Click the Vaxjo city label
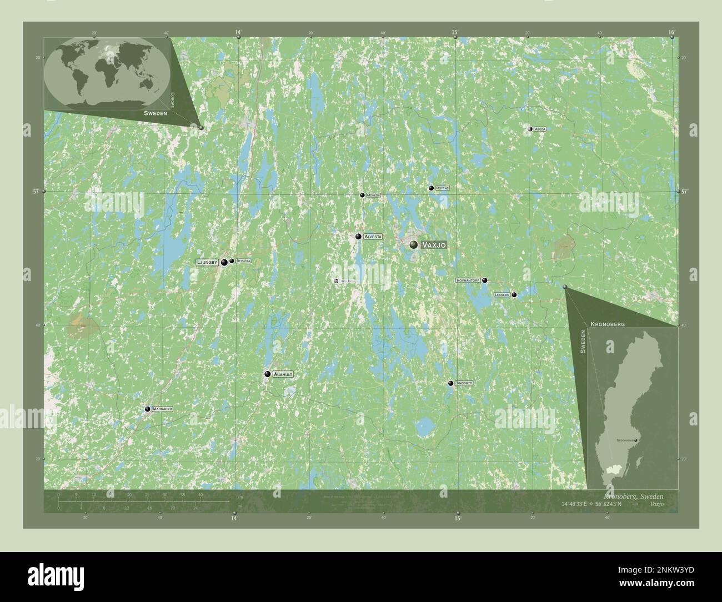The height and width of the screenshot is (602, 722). (434, 244)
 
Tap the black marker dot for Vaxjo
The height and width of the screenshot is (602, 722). (413, 244)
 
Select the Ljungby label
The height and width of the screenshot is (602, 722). (206, 262)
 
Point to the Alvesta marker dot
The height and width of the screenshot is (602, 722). (359, 237)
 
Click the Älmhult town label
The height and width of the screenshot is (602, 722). (283, 375)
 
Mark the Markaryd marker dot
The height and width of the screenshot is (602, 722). (147, 409)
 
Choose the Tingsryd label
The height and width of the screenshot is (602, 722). (464, 383)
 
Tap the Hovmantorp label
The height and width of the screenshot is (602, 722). (468, 280)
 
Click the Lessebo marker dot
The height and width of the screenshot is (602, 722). (514, 295)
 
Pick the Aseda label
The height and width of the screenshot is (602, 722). (540, 129)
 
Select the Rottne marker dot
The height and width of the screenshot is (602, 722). (430, 188)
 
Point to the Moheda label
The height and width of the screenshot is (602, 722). (373, 195)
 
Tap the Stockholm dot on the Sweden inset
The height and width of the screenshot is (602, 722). (637, 440)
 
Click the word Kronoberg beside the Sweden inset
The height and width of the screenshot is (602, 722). (608, 323)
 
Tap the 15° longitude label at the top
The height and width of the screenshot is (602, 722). (455, 33)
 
